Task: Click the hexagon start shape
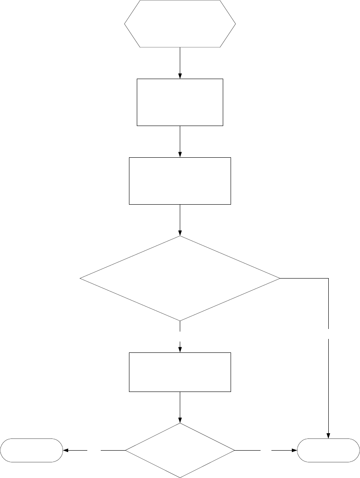click(180, 23)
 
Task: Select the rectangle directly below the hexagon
click(180, 102)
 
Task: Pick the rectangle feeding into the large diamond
click(180, 181)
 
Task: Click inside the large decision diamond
click(180, 278)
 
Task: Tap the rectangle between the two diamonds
click(180, 372)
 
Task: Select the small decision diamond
click(180, 450)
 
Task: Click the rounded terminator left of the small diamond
click(31, 450)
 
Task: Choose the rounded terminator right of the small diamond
click(328, 450)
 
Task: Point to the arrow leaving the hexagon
click(180, 63)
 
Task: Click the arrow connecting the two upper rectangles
click(180, 142)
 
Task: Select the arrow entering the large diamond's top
click(180, 220)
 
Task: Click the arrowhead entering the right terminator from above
click(328, 436)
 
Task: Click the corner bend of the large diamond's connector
click(328, 278)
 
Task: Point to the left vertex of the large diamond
click(81, 278)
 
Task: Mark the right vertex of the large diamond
click(279, 278)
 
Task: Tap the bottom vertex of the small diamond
click(180, 477)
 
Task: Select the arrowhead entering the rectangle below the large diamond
click(180, 349)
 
